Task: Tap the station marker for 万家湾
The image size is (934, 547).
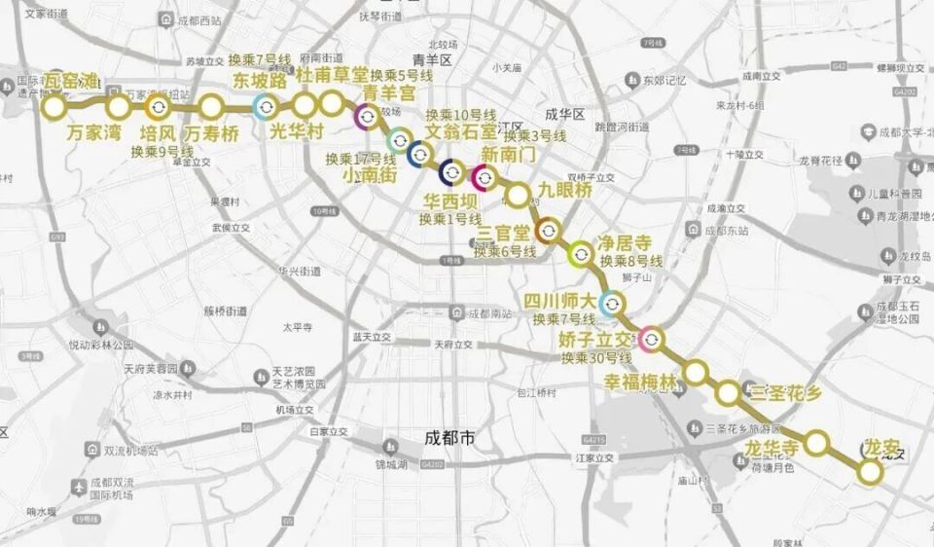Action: pyautogui.click(x=118, y=105)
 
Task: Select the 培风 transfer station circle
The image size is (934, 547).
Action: pyautogui.click(x=162, y=105)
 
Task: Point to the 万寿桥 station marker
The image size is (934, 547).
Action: pyautogui.click(x=211, y=105)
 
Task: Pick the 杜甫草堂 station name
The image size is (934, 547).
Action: pyautogui.click(x=333, y=75)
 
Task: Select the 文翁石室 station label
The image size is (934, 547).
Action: pyautogui.click(x=461, y=130)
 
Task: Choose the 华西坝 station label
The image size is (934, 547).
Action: pyautogui.click(x=449, y=201)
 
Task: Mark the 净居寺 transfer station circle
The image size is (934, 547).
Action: pyautogui.click(x=580, y=254)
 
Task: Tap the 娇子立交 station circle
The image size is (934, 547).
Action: pyautogui.click(x=652, y=339)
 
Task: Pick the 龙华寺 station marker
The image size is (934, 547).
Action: pyautogui.click(x=818, y=444)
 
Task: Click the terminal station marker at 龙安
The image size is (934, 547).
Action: pyautogui.click(x=870, y=472)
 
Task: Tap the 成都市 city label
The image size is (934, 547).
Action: pyautogui.click(x=450, y=438)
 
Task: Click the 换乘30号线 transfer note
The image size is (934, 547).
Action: pyautogui.click(x=594, y=357)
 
